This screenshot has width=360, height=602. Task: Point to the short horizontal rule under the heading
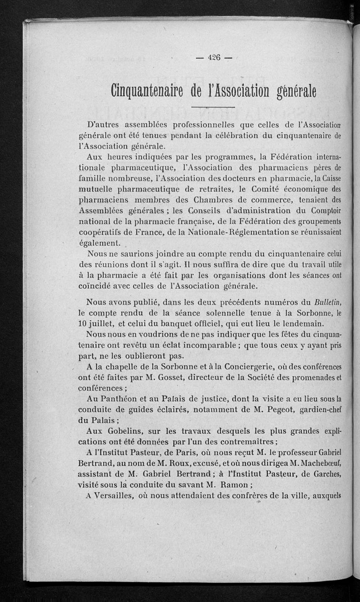point(213,107)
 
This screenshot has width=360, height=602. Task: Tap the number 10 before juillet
point(83,324)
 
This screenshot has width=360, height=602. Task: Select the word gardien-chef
point(319,409)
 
